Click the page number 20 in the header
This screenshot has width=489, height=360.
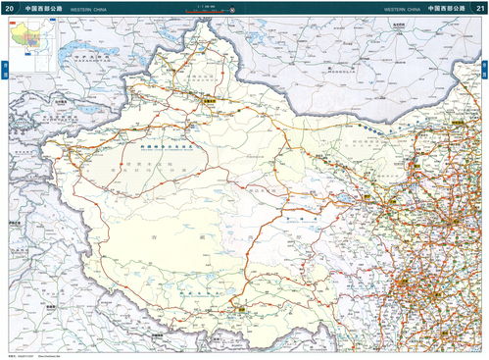click(10, 8)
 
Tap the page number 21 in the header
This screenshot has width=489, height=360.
click(479, 8)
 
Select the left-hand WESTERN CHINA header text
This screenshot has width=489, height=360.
click(94, 8)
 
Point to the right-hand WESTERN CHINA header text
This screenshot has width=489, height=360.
click(402, 8)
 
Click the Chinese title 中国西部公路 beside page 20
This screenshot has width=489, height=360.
click(44, 8)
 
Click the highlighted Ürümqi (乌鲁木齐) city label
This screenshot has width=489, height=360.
click(209, 100)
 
